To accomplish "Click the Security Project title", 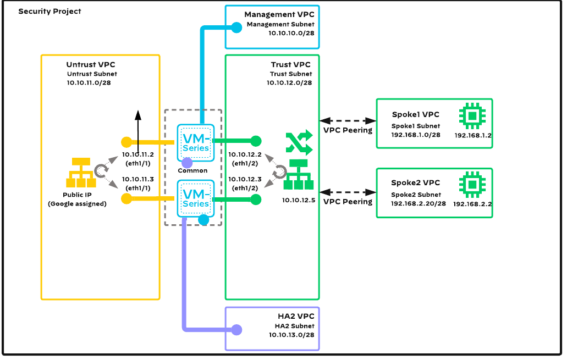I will click(x=49, y=11).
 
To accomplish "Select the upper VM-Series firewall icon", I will click(x=195, y=142).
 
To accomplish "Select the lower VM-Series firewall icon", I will click(x=195, y=198).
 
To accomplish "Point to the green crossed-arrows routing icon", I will click(x=299, y=143).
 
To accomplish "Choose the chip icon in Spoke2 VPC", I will click(x=471, y=185).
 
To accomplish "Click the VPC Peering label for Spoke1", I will click(x=347, y=130).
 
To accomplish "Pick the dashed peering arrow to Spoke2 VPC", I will click(x=348, y=192).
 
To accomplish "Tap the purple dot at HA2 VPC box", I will click(x=236, y=330).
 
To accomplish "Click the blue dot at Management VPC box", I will click(x=236, y=26).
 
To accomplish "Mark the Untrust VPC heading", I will click(x=91, y=65).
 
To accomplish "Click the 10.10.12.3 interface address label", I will click(x=246, y=180).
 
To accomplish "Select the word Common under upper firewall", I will click(x=192, y=170).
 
